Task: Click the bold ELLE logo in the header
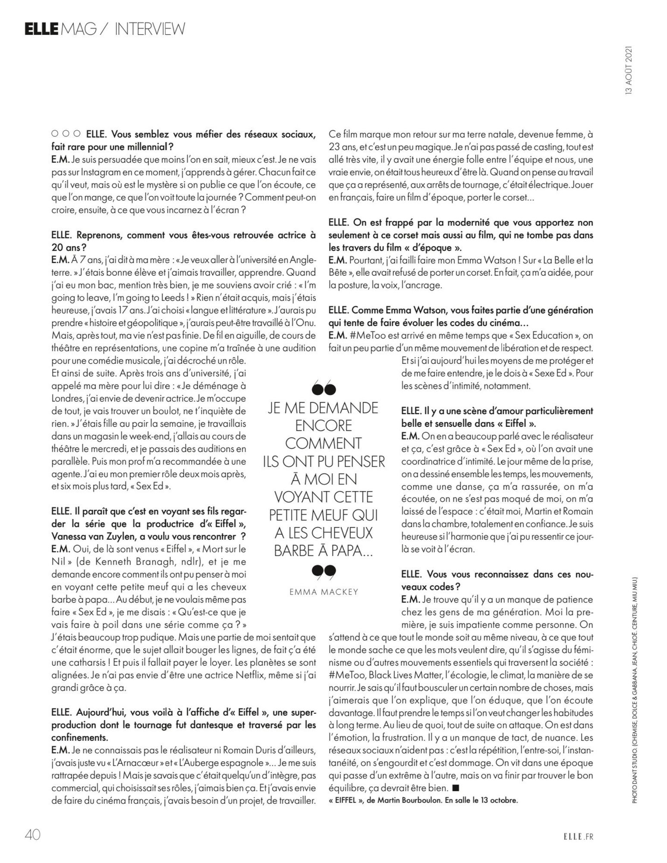point(41,29)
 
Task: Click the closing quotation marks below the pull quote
point(323,572)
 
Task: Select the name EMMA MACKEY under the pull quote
point(324,592)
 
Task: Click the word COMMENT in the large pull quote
point(324,444)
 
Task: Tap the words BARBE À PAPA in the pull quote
point(324,551)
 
